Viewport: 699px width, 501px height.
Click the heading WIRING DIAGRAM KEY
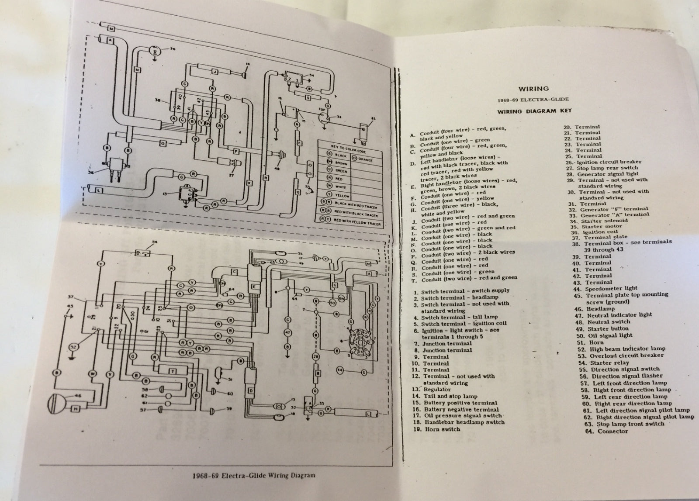(534, 111)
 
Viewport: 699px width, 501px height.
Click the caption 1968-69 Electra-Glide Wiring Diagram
(253, 476)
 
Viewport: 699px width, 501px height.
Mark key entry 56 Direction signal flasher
(621, 376)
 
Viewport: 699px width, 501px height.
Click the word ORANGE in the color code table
(365, 160)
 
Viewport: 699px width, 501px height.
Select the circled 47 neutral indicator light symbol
(287, 332)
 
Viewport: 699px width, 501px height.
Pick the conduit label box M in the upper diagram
(111, 29)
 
